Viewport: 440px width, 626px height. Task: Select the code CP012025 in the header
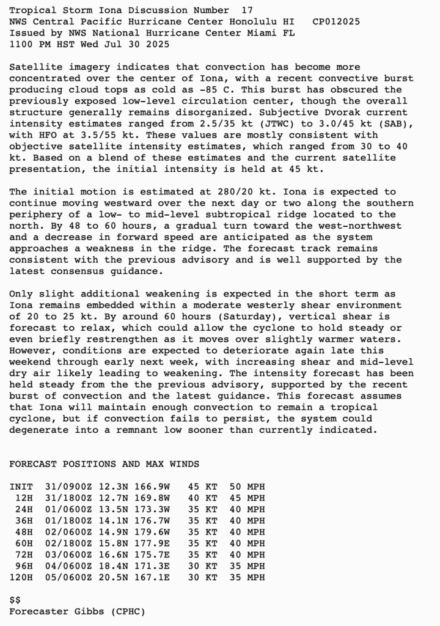point(336,21)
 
